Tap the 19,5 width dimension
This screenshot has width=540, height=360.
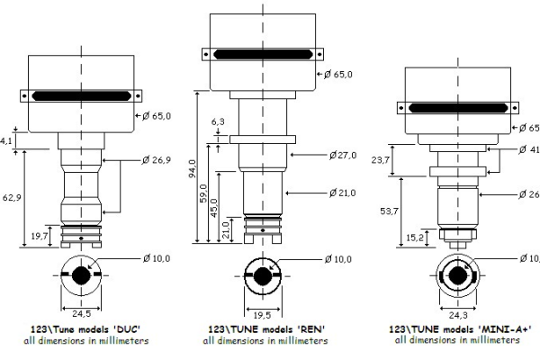point(262,315)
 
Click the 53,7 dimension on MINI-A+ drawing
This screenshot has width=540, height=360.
point(390,210)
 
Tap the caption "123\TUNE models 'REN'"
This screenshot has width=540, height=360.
point(264,330)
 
